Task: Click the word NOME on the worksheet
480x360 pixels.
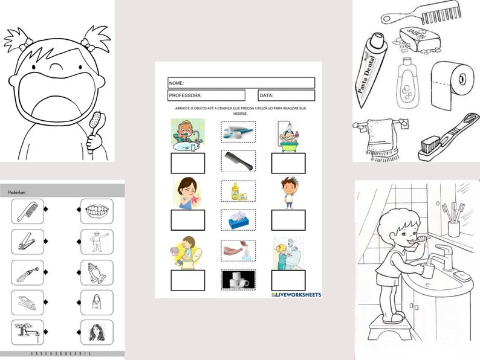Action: tap(177, 83)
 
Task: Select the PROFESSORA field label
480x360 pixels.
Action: tap(185, 95)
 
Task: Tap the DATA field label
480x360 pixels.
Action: tap(267, 95)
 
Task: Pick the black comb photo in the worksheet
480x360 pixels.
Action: tap(238, 160)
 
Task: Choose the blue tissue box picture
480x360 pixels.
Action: tap(238, 220)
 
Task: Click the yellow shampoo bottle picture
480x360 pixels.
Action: tap(238, 191)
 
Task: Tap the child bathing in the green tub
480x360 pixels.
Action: tap(288, 133)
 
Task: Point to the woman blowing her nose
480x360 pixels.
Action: tap(187, 192)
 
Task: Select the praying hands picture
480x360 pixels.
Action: tap(96, 272)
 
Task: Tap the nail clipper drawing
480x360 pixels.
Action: tap(27, 242)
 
